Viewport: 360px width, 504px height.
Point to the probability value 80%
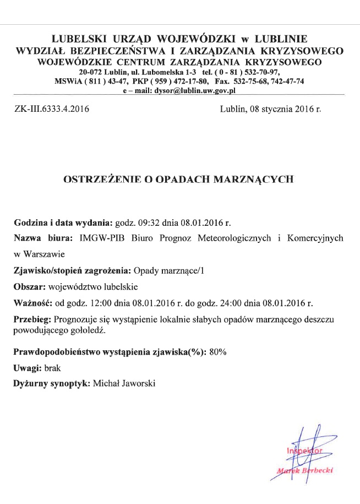(x=218, y=351)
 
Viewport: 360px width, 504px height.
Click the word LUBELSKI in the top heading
(x=76, y=39)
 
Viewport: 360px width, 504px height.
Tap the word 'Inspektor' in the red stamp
(x=302, y=453)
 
